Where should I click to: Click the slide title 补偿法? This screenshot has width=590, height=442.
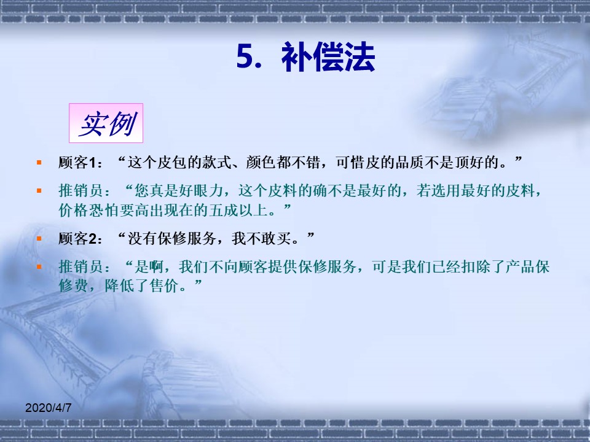tap(328, 57)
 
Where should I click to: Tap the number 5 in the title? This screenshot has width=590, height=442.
tap(244, 57)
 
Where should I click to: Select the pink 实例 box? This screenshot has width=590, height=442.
tap(106, 123)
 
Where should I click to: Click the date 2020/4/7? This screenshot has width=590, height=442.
tap(48, 408)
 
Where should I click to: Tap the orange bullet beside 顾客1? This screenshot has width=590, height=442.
tap(39, 162)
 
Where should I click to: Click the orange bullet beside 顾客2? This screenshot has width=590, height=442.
tap(39, 238)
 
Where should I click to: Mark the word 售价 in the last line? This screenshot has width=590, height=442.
tap(165, 285)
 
